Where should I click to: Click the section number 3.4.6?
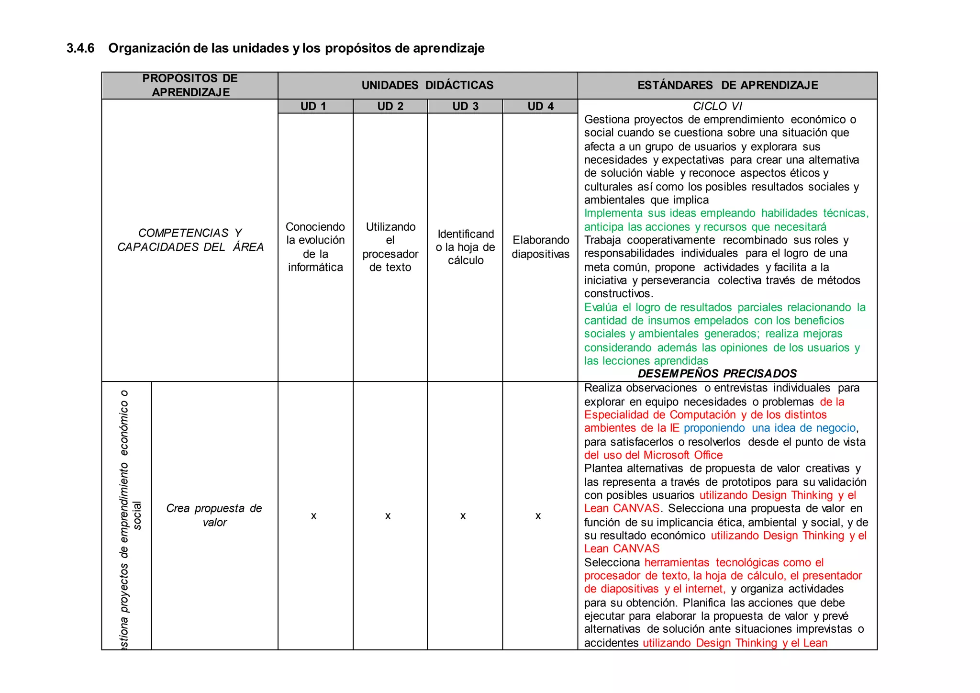point(80,48)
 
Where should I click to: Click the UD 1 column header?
point(313,106)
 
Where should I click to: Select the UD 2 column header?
point(390,106)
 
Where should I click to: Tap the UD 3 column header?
point(465,106)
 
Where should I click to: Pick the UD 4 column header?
point(540,106)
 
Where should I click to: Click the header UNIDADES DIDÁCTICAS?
point(427,85)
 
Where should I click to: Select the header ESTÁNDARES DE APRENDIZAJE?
point(727,85)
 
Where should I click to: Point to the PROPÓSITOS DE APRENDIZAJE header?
point(190,85)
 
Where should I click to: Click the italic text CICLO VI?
point(717,106)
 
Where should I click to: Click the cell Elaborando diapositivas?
point(540,247)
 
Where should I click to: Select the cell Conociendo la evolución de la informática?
point(315,247)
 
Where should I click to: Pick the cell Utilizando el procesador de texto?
point(390,247)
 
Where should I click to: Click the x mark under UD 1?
point(313,516)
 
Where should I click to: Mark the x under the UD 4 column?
point(538,516)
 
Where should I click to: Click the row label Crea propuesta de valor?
point(214,515)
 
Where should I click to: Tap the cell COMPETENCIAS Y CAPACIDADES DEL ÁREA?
point(190,240)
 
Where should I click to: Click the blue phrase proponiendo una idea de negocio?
point(769,428)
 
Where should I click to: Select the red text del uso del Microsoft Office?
point(653,455)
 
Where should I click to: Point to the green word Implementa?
point(613,213)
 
